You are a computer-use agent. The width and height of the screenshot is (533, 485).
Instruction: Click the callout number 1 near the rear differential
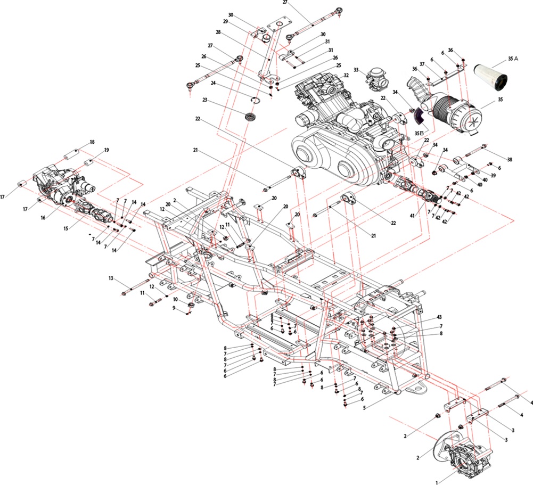437,482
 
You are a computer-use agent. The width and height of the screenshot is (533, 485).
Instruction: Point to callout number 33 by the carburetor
356,70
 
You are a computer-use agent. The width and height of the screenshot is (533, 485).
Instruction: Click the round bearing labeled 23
251,116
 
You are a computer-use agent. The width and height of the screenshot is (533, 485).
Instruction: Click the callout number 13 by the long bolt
111,278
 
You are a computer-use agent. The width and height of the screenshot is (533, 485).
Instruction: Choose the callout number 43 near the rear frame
439,318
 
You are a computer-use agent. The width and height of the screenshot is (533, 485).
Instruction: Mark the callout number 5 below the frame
364,408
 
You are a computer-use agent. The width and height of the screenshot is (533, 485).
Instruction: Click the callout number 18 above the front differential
92,142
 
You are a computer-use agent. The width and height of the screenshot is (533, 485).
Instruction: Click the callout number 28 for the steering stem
218,32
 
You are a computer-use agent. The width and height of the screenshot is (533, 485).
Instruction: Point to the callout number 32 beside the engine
346,76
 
